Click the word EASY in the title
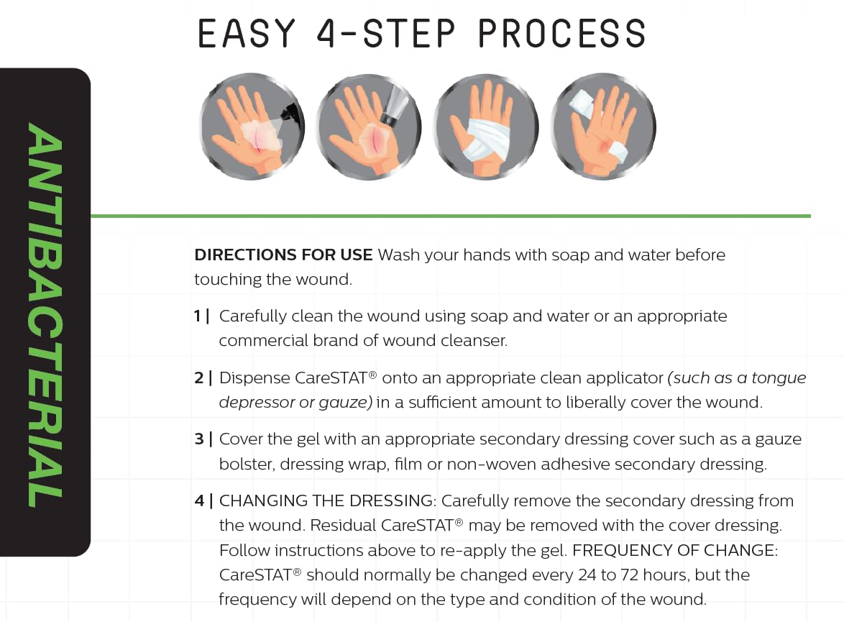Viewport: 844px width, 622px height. click(247, 33)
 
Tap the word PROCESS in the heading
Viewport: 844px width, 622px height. click(561, 33)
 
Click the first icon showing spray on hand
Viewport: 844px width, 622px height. click(252, 128)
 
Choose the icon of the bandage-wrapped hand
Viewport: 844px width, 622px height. click(486, 128)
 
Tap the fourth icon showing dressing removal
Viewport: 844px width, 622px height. click(602, 128)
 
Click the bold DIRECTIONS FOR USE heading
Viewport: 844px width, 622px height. click(283, 255)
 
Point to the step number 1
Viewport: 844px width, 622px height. click(198, 316)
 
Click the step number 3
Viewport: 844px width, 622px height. click(199, 439)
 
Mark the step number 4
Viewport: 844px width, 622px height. click(199, 501)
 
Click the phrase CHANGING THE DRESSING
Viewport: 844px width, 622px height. click(328, 501)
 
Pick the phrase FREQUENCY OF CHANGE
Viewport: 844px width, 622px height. click(674, 551)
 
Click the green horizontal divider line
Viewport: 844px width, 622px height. click(450, 216)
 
